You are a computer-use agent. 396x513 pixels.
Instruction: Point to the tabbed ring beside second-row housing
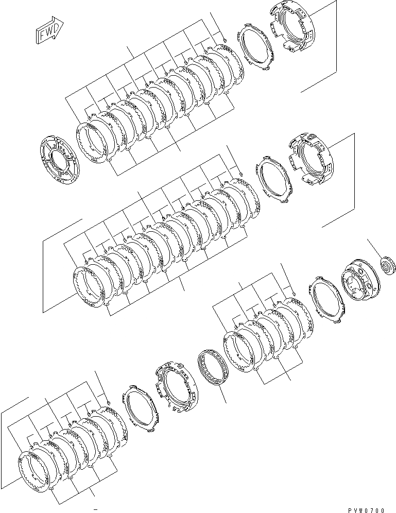(x=273, y=180)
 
